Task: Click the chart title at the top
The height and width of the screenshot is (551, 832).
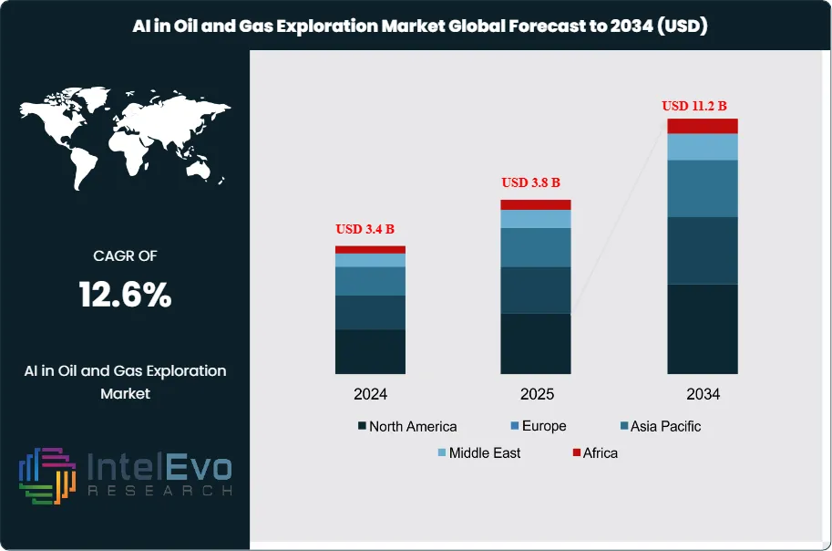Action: click(x=416, y=26)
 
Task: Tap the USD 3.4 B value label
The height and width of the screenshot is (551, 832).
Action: click(x=370, y=229)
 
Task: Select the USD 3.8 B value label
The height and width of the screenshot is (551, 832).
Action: click(x=536, y=182)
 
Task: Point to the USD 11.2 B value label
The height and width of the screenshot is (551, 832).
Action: click(x=700, y=106)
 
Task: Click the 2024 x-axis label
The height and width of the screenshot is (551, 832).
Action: click(x=370, y=395)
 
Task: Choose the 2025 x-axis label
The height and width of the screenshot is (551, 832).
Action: click(x=536, y=395)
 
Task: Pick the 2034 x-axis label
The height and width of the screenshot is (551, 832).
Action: click(x=703, y=395)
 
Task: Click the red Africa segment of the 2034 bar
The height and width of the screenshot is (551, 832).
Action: click(x=702, y=126)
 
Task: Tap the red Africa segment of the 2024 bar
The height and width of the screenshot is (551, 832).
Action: click(x=370, y=249)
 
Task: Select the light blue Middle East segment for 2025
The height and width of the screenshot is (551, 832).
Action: click(x=536, y=219)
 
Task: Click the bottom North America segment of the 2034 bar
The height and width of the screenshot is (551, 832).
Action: click(x=702, y=328)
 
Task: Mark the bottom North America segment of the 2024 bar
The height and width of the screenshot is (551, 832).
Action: click(x=370, y=351)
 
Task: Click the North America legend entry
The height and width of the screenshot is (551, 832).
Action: click(x=407, y=426)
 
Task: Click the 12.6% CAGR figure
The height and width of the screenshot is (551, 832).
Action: click(x=126, y=295)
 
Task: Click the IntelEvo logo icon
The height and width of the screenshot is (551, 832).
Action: click(x=47, y=475)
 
